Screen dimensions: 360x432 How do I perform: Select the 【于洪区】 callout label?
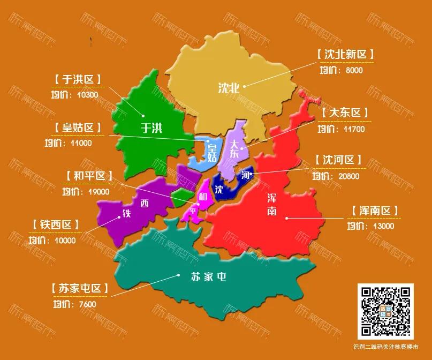[78, 80]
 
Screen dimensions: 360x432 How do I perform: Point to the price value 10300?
[87, 95]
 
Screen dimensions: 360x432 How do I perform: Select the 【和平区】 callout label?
[89, 176]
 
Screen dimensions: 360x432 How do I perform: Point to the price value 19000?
[98, 191]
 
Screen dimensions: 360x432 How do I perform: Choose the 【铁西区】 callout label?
[56, 224]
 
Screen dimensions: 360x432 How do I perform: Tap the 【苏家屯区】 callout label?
[80, 288]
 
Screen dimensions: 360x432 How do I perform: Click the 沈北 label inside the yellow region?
[229, 88]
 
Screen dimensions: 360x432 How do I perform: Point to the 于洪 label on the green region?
[151, 127]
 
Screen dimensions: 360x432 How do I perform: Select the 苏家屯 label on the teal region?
[209, 276]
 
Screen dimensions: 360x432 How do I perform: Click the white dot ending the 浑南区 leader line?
[287, 218]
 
